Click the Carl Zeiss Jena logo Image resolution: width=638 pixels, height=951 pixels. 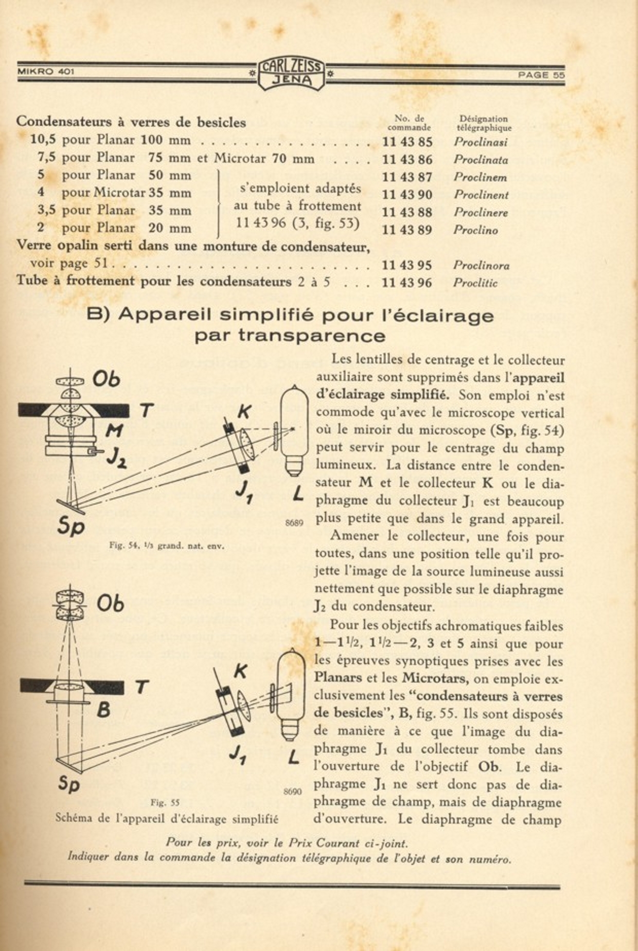click(291, 74)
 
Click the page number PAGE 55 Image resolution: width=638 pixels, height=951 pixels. click(541, 75)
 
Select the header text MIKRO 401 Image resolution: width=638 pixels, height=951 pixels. click(46, 72)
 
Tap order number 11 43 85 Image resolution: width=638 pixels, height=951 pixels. click(407, 142)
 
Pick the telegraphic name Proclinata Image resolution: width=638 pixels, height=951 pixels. click(481, 160)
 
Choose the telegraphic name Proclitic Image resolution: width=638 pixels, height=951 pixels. click(475, 283)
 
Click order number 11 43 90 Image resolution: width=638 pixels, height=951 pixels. click(407, 195)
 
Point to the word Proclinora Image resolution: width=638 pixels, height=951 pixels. click(481, 266)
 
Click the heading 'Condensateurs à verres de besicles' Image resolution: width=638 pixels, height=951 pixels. click(131, 122)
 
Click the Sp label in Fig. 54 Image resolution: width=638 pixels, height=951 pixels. click(70, 525)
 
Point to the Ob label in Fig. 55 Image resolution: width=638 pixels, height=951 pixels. click(110, 604)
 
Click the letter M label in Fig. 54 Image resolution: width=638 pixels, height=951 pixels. click(114, 430)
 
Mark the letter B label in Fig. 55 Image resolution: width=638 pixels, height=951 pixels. click(103, 710)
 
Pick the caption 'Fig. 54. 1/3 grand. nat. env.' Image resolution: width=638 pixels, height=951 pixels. click(167, 545)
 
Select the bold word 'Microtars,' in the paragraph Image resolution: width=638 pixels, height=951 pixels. click(435, 679)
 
